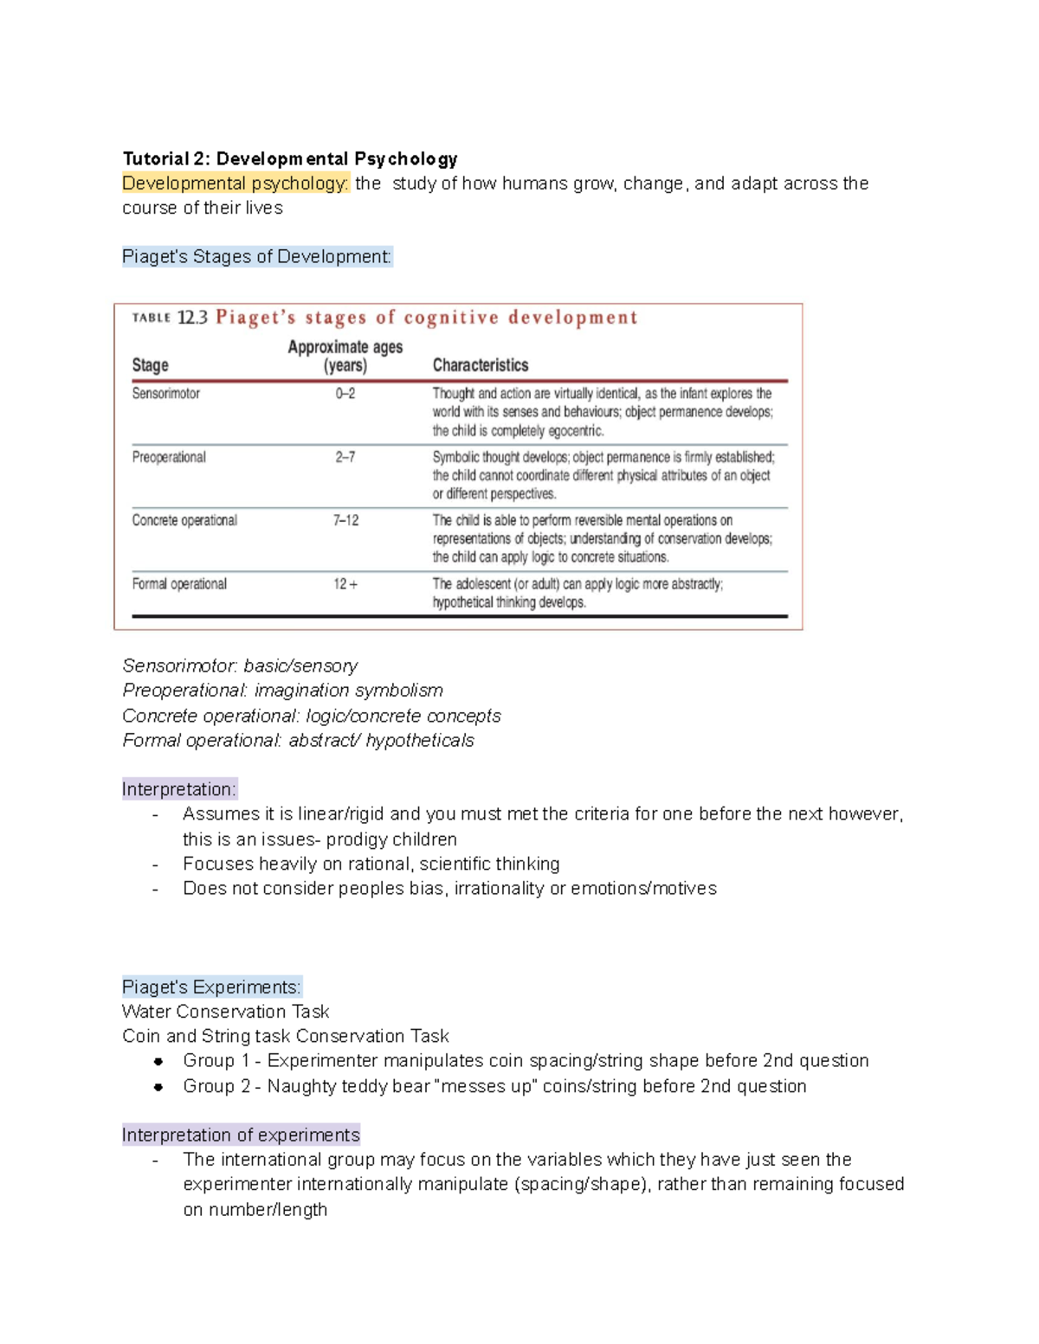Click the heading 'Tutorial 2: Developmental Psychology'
coord(289,159)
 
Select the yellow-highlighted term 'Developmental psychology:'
coord(235,183)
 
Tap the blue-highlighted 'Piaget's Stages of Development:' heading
coord(257,257)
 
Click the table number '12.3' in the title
coord(192,318)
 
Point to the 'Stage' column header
coord(150,365)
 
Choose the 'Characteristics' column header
coord(480,365)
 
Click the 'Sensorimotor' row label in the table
coord(165,394)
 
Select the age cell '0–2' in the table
coord(345,394)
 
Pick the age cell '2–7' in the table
coord(345,457)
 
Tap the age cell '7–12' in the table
coord(345,520)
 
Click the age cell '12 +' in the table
coord(345,584)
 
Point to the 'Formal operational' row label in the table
coord(179,584)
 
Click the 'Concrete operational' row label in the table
coord(184,520)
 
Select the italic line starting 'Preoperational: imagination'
coord(282,691)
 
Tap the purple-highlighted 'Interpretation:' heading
coord(178,789)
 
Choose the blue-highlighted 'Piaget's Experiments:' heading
coord(212,987)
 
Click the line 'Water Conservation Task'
coord(225,1012)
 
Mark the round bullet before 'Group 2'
coord(158,1087)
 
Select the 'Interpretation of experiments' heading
coord(241,1135)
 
